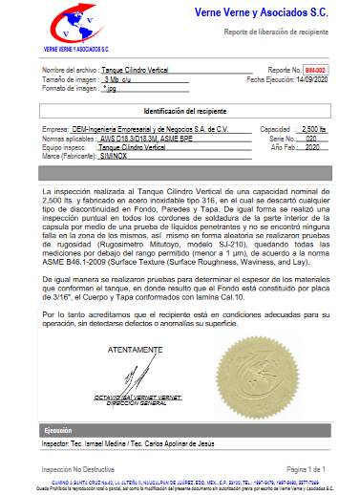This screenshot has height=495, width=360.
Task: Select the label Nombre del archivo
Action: pyautogui.click(x=69, y=71)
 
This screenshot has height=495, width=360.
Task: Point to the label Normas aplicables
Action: pyautogui.click(x=69, y=138)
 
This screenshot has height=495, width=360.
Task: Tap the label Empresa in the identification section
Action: pyautogui.click(x=56, y=128)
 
